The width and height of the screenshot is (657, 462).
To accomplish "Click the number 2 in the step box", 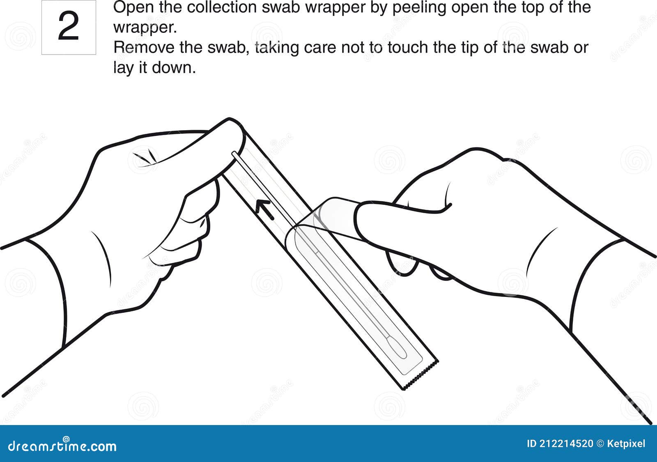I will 69,27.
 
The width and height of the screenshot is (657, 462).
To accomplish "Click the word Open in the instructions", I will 131,7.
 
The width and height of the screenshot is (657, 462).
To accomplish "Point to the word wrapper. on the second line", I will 145,28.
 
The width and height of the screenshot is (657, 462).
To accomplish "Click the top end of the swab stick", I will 234,154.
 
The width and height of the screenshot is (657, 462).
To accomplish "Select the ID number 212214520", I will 566,444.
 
